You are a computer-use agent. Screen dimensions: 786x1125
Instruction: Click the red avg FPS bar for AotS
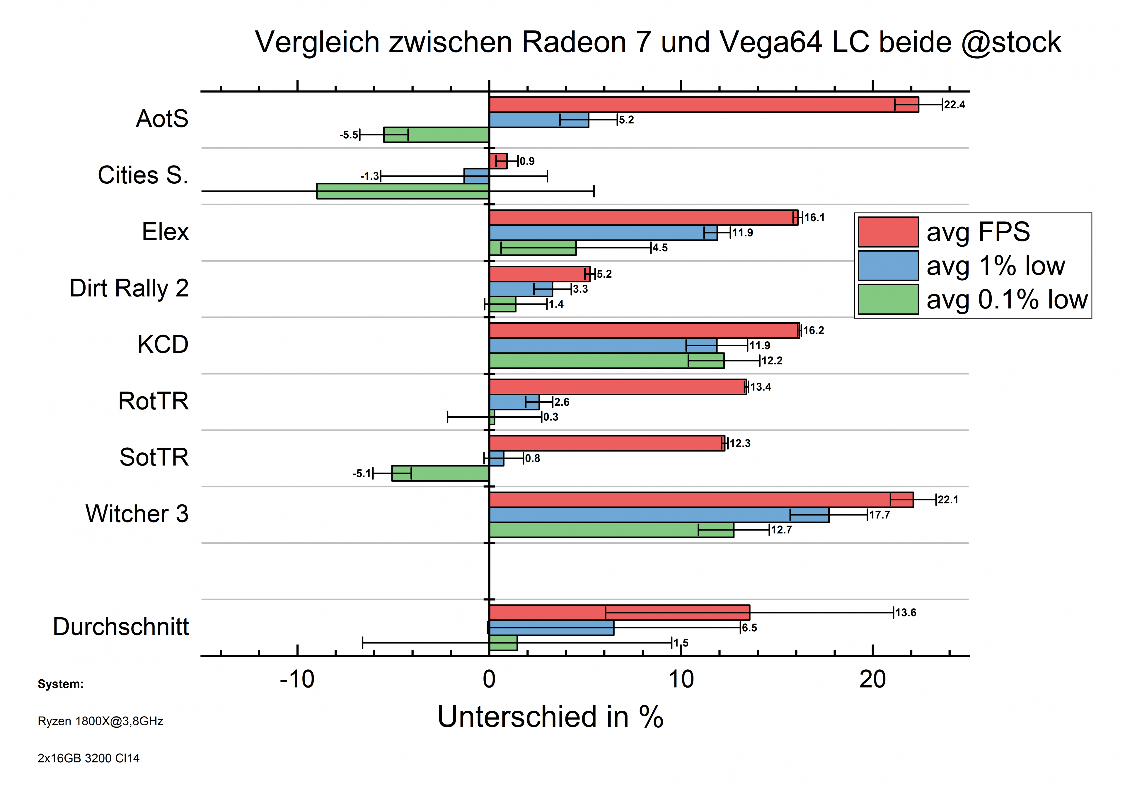coord(704,105)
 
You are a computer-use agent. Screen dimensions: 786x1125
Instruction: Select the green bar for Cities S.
coord(403,191)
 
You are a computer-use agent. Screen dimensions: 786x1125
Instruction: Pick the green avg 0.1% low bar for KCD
coord(607,361)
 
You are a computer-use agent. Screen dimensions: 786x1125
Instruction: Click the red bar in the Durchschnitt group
coord(619,613)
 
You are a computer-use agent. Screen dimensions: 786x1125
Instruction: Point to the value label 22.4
coord(954,105)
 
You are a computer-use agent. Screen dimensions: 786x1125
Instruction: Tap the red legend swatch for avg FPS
coord(888,232)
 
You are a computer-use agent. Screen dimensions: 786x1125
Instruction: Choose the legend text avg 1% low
coord(996,266)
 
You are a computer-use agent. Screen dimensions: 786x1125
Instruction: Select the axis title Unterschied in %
coord(550,717)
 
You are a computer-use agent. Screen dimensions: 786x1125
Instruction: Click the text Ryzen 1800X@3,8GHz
coord(100,721)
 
